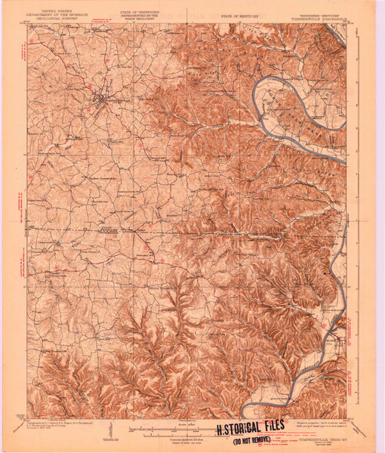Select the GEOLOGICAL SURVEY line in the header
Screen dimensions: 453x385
pyautogui.click(x=55, y=20)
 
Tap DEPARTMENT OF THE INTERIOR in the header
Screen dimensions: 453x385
pyautogui.click(x=55, y=16)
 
